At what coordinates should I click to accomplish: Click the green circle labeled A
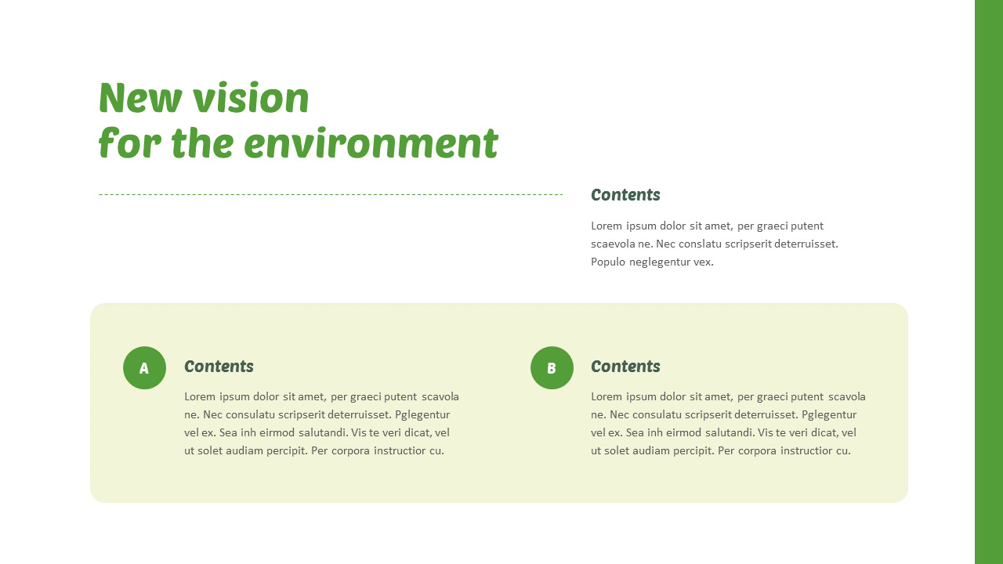coord(144,367)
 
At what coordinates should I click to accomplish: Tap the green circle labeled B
coord(552,367)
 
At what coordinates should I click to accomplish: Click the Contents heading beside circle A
coord(219,367)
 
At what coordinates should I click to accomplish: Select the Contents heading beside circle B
coord(625,367)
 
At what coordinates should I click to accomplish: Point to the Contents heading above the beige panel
coord(625,195)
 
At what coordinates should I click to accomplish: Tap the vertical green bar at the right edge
coord(988,282)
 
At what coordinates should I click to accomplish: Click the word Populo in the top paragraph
coord(607,262)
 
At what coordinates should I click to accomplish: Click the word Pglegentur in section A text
coord(422,414)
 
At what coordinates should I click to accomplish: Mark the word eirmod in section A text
coord(268,432)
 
